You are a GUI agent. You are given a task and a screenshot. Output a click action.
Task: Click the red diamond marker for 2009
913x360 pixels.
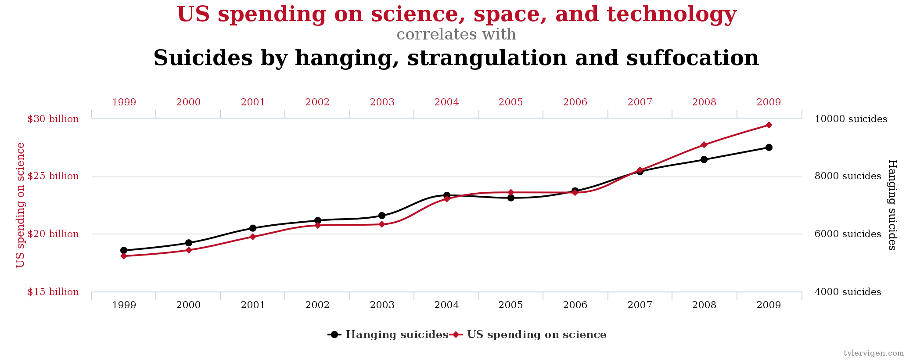769,125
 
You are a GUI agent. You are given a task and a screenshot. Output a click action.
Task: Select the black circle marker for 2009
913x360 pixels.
769,148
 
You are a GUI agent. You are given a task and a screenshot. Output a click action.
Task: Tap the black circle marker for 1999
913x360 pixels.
124,251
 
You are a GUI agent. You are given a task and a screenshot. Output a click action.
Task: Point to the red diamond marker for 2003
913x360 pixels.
382,224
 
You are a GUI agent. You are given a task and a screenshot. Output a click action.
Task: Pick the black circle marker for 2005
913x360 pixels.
511,198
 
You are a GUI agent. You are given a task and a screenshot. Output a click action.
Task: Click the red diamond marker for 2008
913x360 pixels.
704,145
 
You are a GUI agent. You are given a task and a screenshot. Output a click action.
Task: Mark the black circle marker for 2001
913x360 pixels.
253,228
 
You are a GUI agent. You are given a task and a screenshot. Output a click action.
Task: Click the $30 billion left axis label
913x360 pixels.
53,119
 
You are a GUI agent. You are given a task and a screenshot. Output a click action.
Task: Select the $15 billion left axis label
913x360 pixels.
53,292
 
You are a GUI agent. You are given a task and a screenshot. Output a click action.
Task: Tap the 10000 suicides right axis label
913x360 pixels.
851,119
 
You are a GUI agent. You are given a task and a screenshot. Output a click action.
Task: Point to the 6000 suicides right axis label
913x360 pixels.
848,234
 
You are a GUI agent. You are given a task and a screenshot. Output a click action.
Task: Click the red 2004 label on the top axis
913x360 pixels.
446,102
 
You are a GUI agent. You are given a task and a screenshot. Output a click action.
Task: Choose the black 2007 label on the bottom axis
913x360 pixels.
640,305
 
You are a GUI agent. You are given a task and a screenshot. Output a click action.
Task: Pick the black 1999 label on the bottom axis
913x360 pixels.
124,305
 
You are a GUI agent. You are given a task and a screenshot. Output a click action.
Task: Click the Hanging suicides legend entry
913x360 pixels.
388,335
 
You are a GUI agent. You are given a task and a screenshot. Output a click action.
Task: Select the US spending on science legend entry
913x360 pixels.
529,335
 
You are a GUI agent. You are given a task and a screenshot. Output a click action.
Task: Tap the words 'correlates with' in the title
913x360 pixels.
456,34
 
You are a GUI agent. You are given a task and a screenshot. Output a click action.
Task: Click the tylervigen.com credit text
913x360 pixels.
873,353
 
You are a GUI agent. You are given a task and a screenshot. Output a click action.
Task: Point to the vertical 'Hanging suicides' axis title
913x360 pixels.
892,205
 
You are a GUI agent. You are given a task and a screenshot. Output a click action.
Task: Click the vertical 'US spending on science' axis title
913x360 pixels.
21,205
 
